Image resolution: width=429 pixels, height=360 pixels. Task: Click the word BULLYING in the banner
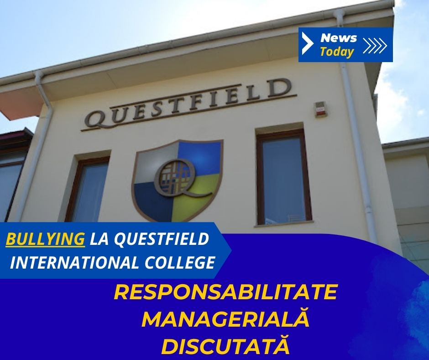(45, 238)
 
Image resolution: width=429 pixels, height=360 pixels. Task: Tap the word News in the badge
(339, 37)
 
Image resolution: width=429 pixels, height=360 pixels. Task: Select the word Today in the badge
(337, 52)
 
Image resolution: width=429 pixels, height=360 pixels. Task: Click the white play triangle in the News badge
(307, 44)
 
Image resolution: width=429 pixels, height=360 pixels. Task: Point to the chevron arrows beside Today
(375, 45)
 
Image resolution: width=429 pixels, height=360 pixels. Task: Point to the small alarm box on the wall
(320, 109)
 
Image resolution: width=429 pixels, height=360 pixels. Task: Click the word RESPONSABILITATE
(225, 292)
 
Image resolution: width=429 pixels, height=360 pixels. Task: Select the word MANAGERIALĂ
(225, 319)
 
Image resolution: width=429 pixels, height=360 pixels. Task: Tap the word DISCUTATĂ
(225, 346)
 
